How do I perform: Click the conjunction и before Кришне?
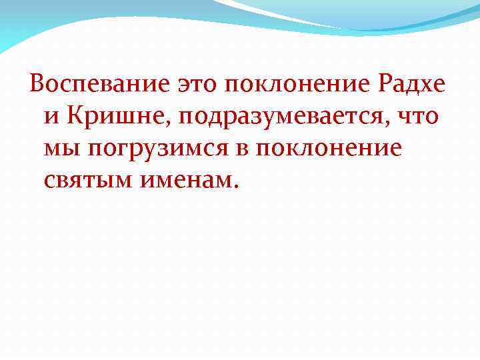(x=53, y=117)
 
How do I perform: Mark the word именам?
(x=187, y=181)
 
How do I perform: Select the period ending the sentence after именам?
(x=233, y=187)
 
